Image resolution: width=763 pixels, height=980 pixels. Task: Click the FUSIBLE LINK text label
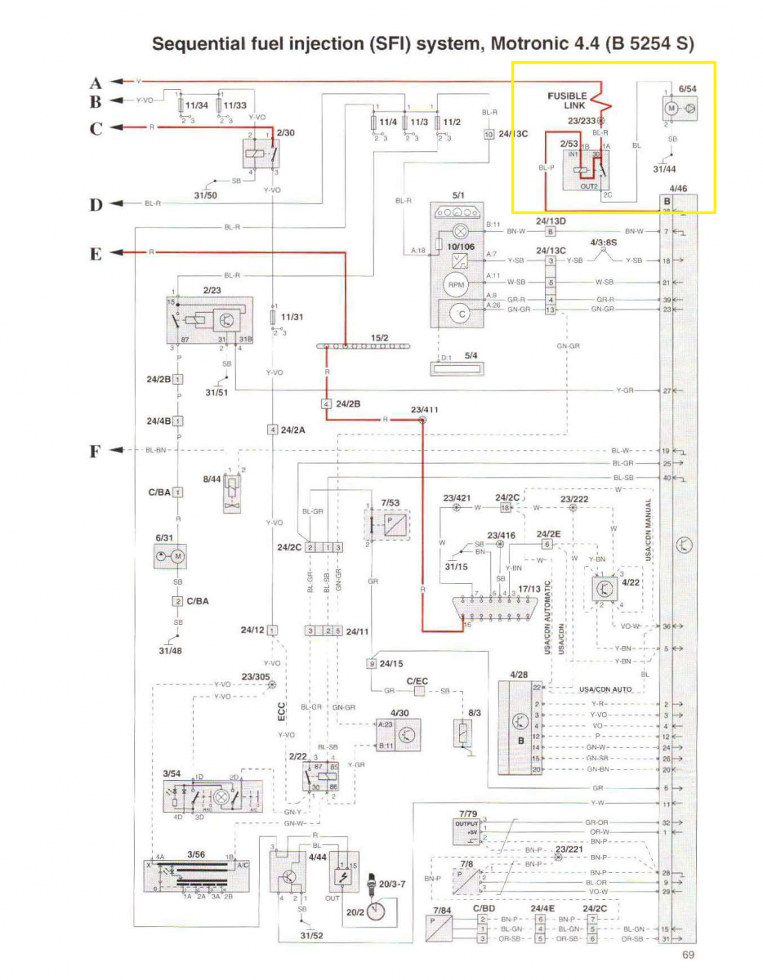[567, 101]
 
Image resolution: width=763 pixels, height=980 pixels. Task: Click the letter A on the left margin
[96, 82]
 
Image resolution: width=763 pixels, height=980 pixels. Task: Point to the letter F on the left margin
[96, 450]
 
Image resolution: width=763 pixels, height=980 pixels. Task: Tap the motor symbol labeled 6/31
[172, 557]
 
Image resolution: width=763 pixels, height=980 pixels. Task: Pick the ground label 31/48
[170, 651]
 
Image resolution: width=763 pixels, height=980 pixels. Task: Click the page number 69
[689, 954]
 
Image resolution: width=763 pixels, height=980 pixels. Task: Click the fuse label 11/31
[292, 317]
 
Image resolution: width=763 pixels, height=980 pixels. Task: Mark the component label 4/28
[518, 675]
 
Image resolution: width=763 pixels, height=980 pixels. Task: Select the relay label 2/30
[285, 131]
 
